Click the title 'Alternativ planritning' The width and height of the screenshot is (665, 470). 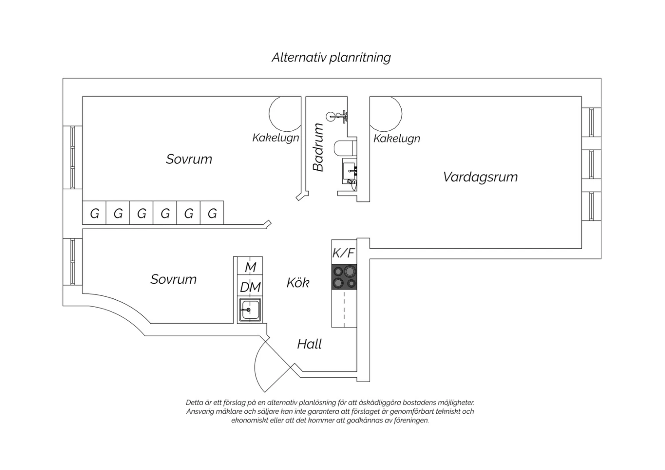click(331, 58)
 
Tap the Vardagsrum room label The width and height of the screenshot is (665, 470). click(480, 177)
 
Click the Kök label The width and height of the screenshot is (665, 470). click(298, 282)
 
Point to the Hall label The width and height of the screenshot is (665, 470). click(309, 344)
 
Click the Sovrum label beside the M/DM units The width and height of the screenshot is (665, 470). click(173, 279)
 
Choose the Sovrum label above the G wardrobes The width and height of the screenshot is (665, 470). click(189, 159)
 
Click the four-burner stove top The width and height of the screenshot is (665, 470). click(344, 277)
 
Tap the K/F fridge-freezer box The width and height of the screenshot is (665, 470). click(344, 252)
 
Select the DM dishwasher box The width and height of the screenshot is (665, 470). click(250, 286)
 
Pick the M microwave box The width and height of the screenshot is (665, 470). click(250, 266)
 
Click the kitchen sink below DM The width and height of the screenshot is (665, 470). click(250, 310)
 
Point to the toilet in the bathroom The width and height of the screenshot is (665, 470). click(345, 148)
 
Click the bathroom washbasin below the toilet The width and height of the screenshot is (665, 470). click(350, 171)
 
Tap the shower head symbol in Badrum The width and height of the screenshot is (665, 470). click(336, 117)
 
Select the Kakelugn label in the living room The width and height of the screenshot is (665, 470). click(397, 139)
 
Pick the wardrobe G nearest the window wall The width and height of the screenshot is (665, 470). click(94, 212)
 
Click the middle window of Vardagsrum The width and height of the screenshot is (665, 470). click(591, 164)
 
